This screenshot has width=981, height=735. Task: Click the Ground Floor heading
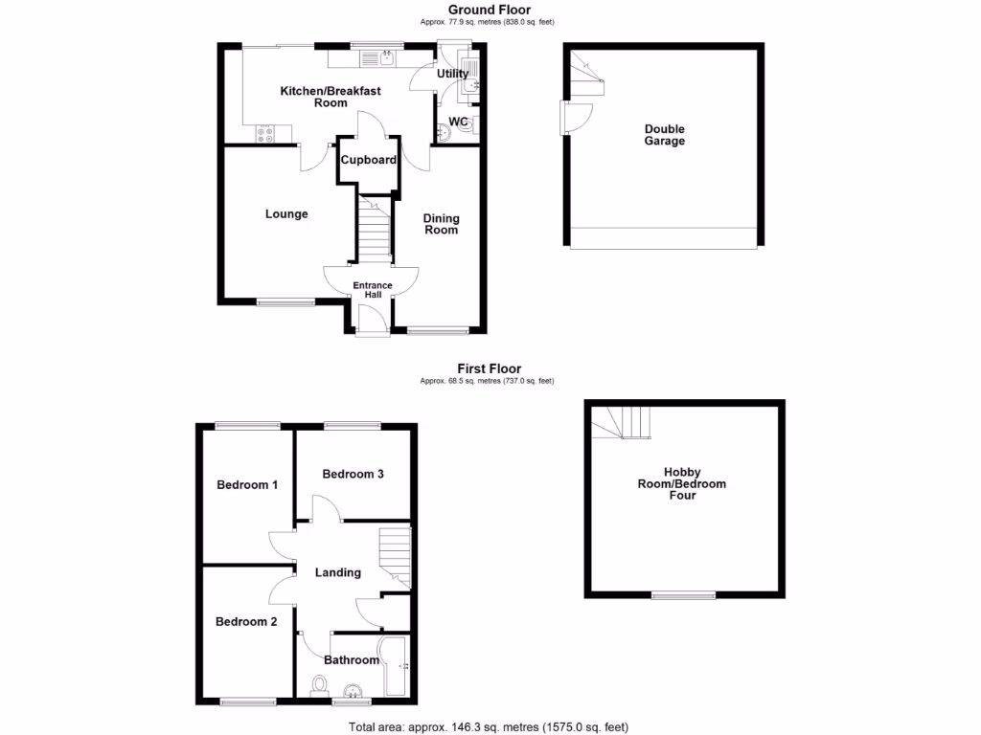[x=489, y=10]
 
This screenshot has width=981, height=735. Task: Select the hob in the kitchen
[x=263, y=136]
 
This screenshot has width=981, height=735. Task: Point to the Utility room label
[x=452, y=74]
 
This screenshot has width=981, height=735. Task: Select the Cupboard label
[x=369, y=160]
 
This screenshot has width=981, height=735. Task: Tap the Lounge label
[x=286, y=214]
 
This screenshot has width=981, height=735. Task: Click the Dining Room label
[x=441, y=224]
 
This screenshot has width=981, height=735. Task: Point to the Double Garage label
[x=664, y=135]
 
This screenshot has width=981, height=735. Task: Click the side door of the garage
[x=575, y=118]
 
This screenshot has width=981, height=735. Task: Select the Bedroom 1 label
[x=247, y=484]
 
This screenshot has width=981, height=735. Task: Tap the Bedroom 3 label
[x=353, y=474]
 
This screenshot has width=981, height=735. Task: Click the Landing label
[x=338, y=572]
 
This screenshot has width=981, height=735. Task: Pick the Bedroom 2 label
[x=246, y=621]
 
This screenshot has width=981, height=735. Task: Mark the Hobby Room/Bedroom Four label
[x=682, y=483]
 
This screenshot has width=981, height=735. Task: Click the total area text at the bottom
[x=489, y=726]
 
